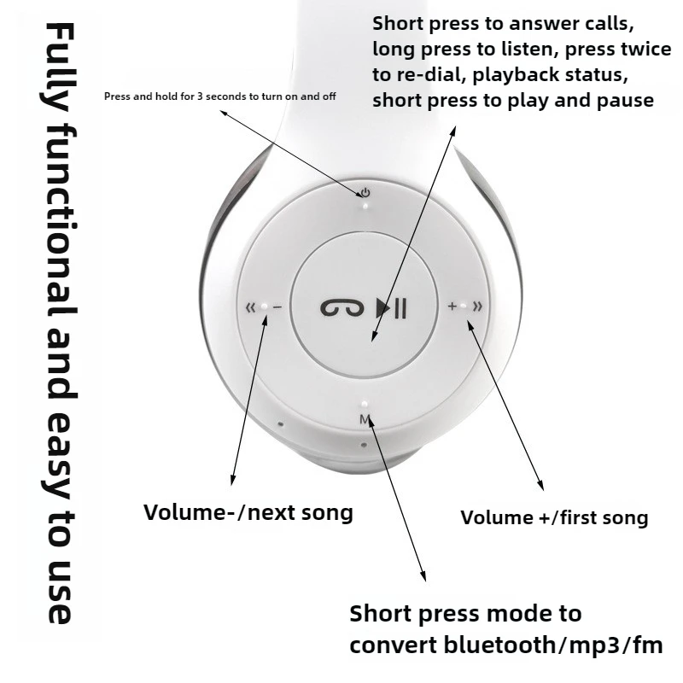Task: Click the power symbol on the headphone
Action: click(365, 192)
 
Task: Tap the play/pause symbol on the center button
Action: click(392, 308)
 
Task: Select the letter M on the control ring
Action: click(365, 418)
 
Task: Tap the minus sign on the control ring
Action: click(277, 306)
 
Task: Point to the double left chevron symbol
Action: click(251, 306)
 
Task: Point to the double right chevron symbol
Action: click(477, 306)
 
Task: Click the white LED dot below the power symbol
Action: click(365, 205)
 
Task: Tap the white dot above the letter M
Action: click(365, 405)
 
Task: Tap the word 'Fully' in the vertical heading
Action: click(61, 68)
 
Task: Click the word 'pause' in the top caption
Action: click(625, 100)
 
